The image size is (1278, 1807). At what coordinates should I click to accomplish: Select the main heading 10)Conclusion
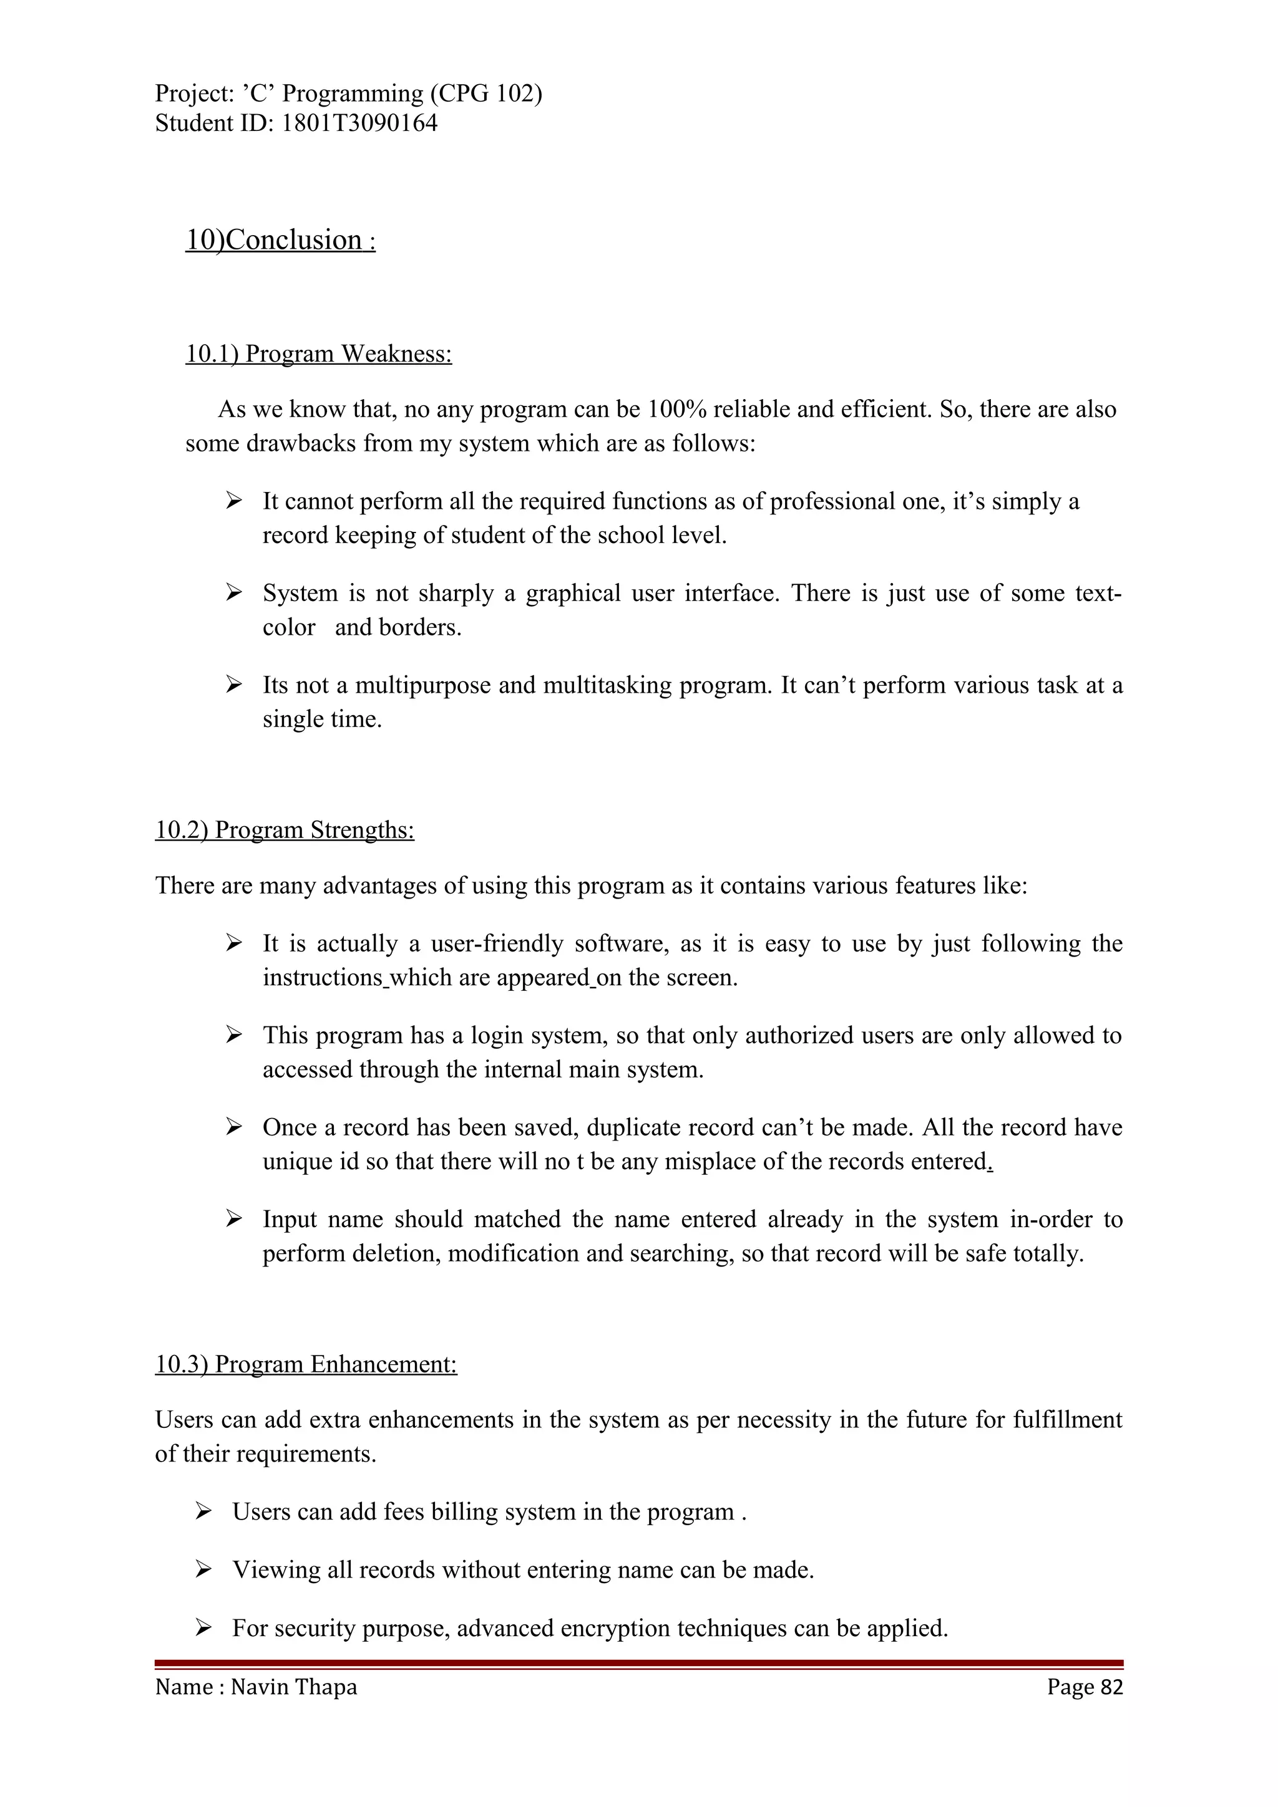pyautogui.click(x=280, y=240)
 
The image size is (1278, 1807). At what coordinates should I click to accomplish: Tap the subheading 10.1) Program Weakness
pyautogui.click(x=318, y=354)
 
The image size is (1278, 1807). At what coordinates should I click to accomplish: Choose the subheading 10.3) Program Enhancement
pyautogui.click(x=306, y=1364)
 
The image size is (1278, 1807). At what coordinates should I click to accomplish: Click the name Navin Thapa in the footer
pyautogui.click(x=294, y=1687)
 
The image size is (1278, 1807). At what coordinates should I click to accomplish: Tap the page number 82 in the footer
pyautogui.click(x=1111, y=1687)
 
